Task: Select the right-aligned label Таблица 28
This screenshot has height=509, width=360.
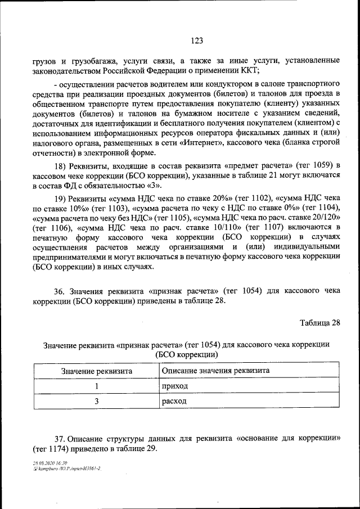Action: [321, 322]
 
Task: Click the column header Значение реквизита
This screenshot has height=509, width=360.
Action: [97, 371]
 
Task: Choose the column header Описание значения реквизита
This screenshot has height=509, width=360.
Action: [215, 371]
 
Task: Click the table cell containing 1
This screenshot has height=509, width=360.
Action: [97, 386]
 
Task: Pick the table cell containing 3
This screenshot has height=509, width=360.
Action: [97, 402]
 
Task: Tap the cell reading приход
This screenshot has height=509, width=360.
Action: [174, 387]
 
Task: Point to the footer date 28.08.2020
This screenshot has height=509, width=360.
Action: [44, 462]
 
